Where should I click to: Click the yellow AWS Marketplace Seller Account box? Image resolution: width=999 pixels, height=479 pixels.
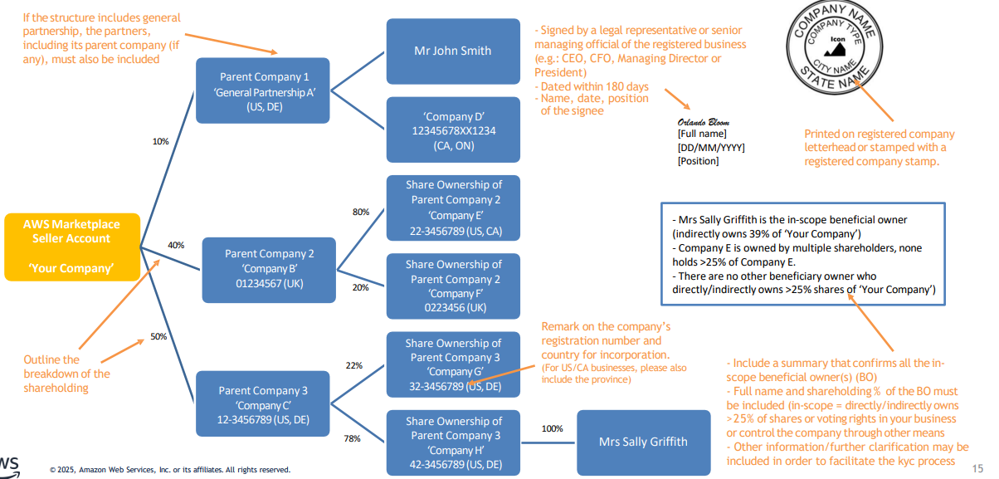click(x=71, y=247)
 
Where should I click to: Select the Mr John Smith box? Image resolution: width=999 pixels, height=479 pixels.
click(x=452, y=51)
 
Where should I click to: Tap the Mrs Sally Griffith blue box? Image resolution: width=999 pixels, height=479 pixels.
click(x=642, y=441)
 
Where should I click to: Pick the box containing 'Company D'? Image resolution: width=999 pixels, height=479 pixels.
click(x=453, y=130)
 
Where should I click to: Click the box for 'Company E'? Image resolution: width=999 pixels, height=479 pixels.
click(x=453, y=208)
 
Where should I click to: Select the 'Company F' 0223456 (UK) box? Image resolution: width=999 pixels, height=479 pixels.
click(x=453, y=286)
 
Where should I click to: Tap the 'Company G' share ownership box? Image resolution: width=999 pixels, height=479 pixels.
click(x=453, y=364)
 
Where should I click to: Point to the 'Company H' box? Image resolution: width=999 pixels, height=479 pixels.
click(x=453, y=442)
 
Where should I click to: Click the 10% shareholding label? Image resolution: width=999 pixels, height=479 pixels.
click(x=160, y=141)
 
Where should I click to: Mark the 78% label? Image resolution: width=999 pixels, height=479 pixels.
click(x=352, y=438)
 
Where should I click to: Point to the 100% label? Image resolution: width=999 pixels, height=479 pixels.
click(x=552, y=428)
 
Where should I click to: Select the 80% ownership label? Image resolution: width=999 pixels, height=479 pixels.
click(x=361, y=212)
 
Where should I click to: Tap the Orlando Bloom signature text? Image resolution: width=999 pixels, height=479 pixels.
click(x=703, y=122)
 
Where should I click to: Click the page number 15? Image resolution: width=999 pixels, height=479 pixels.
click(x=977, y=468)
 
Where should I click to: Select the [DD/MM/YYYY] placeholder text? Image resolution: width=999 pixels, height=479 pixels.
click(x=711, y=147)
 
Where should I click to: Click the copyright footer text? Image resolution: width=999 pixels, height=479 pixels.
click(x=169, y=470)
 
